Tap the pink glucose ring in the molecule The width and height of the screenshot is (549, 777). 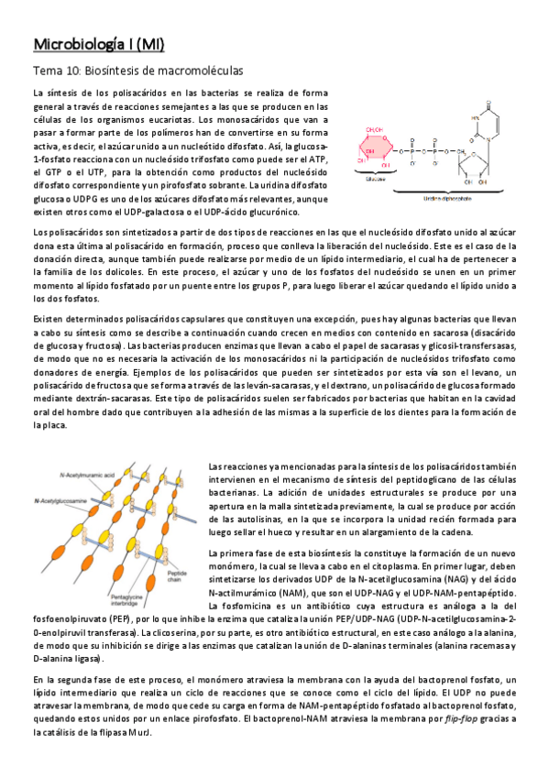[377, 148]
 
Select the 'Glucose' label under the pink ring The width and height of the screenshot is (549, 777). [376, 181]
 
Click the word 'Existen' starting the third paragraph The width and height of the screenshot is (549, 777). [50, 320]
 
